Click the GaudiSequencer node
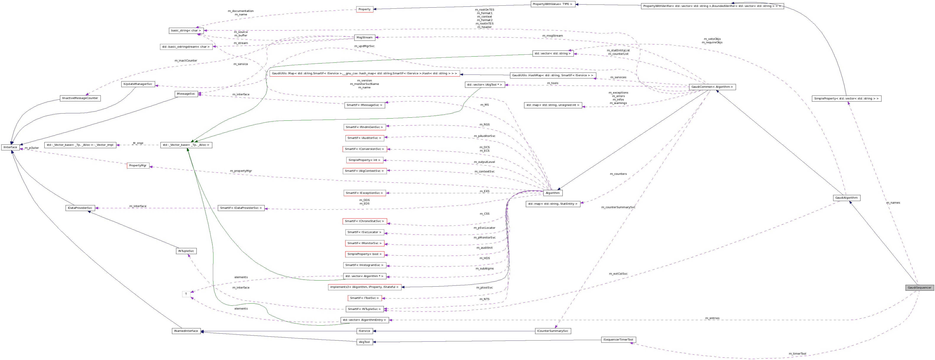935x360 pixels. coord(919,287)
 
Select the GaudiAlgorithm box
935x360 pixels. coord(846,198)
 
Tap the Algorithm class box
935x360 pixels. coord(553,193)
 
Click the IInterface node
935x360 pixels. coord(11,147)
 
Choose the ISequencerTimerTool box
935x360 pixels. coord(618,340)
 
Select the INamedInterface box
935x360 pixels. coord(186,331)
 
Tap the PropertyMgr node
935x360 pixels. coord(138,165)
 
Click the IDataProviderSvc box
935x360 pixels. coord(80,208)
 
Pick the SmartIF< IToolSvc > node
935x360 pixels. coord(365,298)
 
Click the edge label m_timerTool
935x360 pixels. coord(797,354)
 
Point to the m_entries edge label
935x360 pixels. coord(712,318)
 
